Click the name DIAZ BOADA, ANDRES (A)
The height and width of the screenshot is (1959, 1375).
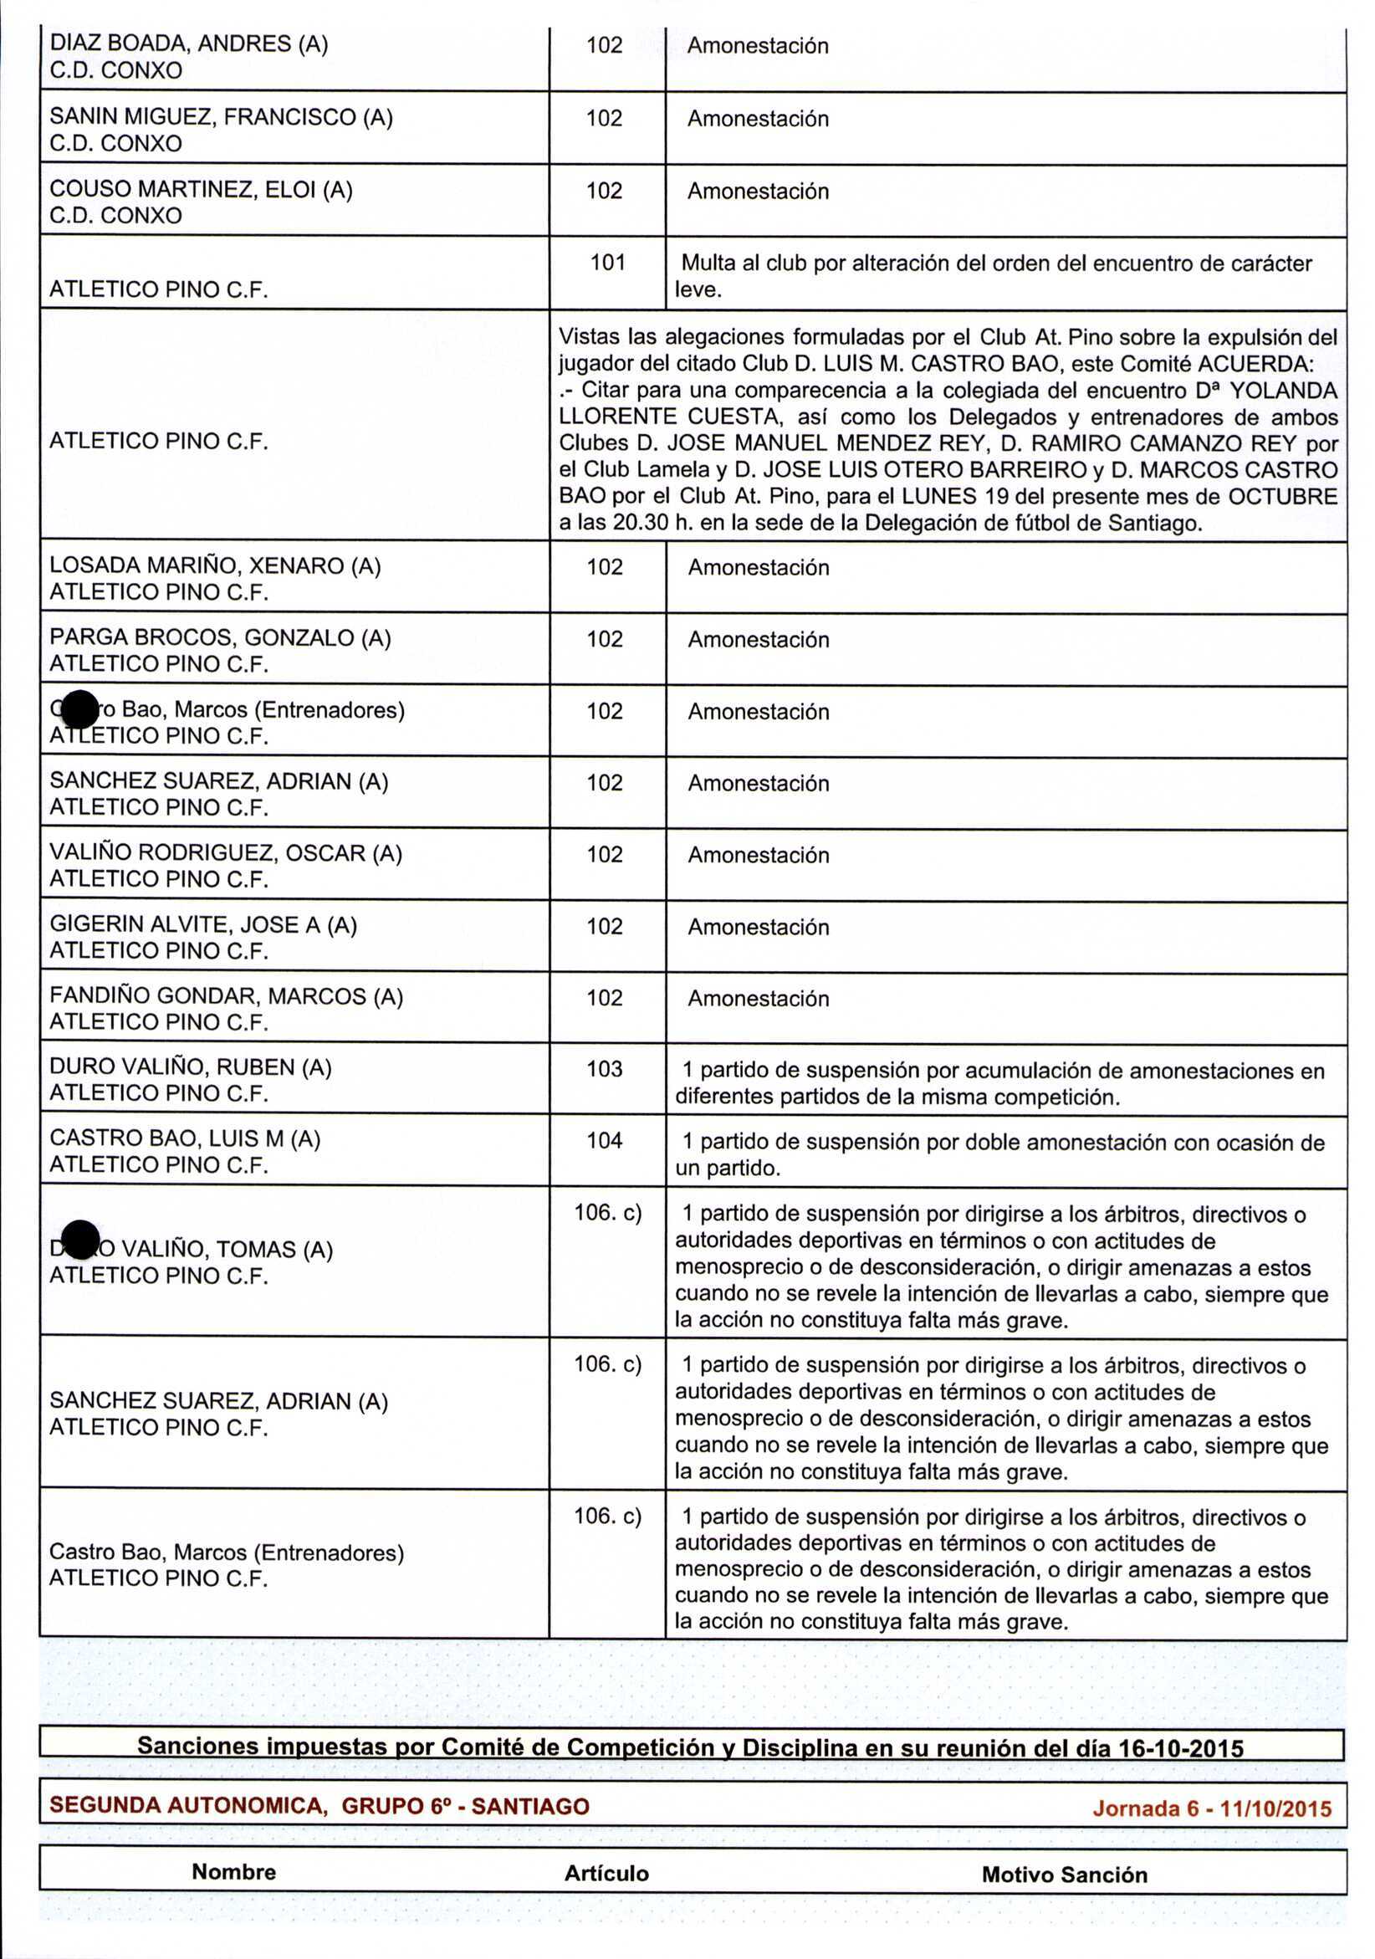[x=188, y=44]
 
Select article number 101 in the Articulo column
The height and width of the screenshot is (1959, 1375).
[x=607, y=263]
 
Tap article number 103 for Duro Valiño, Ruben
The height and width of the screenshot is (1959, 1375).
[x=604, y=1069]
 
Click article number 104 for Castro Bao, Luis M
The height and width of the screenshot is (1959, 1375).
[x=604, y=1141]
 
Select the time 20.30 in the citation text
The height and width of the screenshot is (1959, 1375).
[x=640, y=523]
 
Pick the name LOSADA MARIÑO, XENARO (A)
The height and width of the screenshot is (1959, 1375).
[x=215, y=565]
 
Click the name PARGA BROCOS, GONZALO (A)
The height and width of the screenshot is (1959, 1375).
[x=220, y=637]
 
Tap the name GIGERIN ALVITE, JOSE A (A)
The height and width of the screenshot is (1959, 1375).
[x=203, y=925]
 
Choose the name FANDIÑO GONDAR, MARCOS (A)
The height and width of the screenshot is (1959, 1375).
[x=226, y=996]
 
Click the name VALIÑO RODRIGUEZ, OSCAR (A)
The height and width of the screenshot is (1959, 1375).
[x=225, y=853]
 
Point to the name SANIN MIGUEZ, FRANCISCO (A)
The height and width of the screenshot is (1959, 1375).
[x=221, y=117]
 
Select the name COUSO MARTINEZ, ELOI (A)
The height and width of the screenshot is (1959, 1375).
[x=201, y=189]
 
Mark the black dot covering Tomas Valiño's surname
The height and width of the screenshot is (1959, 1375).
[x=81, y=1240]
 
